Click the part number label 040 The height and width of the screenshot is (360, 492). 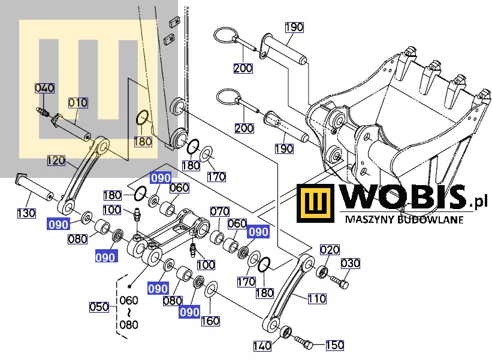coord(44,89)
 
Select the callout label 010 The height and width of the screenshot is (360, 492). coord(77,103)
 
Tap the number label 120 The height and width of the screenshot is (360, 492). coord(56,160)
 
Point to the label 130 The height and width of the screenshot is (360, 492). coord(26,213)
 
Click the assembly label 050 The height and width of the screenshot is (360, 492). coord(99,307)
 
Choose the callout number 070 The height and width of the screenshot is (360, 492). coord(220,211)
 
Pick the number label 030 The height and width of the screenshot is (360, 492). coord(351,264)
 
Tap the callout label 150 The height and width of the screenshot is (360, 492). coord(335,345)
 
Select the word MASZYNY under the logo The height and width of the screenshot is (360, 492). coord(366,220)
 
